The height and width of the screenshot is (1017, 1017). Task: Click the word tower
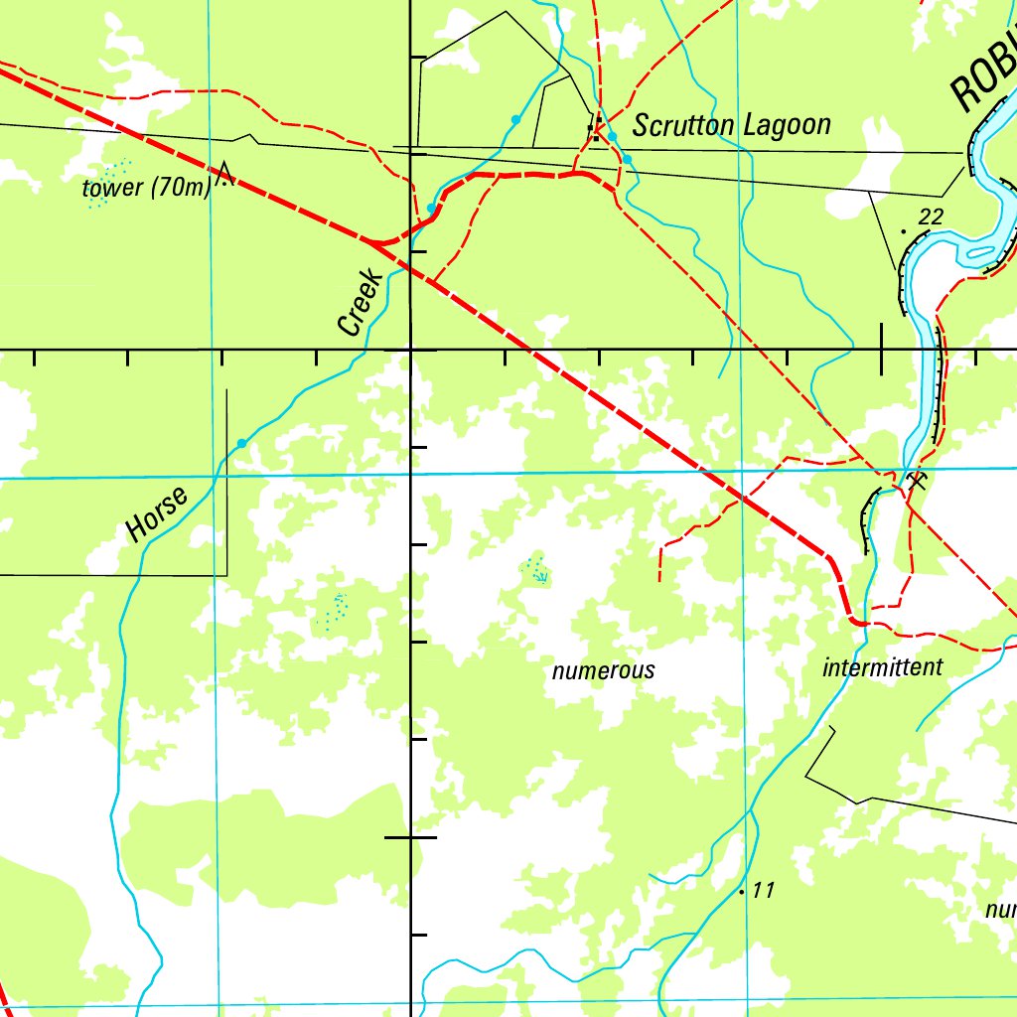pos(113,188)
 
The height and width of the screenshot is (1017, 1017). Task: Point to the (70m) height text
pos(180,188)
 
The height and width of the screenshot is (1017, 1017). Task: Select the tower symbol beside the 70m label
pos(225,174)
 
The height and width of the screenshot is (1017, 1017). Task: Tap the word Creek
pos(360,302)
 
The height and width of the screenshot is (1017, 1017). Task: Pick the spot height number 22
pos(931,217)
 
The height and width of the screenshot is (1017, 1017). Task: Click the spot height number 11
pos(762,890)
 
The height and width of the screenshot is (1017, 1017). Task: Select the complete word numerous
pos(603,670)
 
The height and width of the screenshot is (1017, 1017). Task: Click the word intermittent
pos(882,667)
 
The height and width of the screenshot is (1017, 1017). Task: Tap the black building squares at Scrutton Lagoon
pos(595,130)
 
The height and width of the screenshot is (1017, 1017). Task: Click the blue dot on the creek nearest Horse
pos(241,444)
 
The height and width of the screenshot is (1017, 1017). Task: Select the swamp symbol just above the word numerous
pos(537,570)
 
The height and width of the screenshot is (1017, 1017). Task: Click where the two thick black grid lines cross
pos(412,350)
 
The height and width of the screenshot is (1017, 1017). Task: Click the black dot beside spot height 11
pos(742,892)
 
